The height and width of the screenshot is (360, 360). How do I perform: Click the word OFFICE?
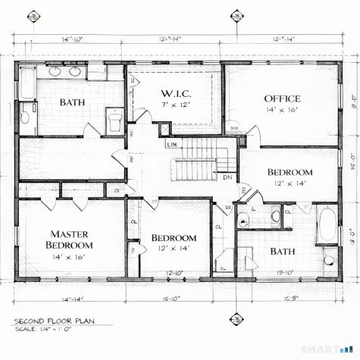click(x=282, y=99)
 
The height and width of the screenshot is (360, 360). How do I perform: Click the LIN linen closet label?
click(x=172, y=143)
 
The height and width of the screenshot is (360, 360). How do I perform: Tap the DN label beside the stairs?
click(x=227, y=177)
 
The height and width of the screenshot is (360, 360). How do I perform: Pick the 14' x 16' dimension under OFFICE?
click(x=282, y=111)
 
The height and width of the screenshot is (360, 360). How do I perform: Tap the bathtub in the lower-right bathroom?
click(x=327, y=224)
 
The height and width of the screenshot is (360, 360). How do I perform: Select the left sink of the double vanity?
click(x=55, y=72)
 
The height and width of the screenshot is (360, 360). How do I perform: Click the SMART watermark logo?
click(x=327, y=349)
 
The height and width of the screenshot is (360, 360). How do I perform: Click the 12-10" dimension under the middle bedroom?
click(x=174, y=273)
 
